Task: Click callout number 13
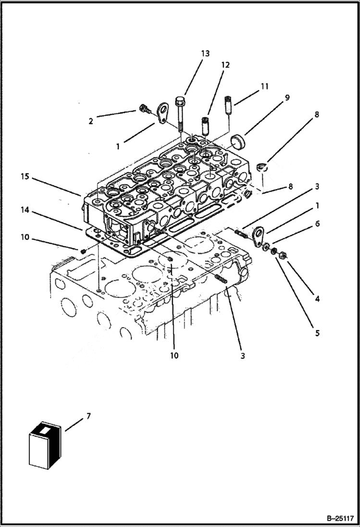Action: (x=205, y=54)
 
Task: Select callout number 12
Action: (x=225, y=65)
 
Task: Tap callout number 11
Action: (x=264, y=86)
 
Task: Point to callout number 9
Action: (x=286, y=98)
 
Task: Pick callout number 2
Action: (x=91, y=121)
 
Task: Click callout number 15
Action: (x=25, y=177)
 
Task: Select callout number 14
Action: (x=25, y=209)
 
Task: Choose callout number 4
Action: (x=317, y=299)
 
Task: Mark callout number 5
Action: (x=317, y=333)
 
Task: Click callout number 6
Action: (x=317, y=224)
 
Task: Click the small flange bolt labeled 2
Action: (x=143, y=110)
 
